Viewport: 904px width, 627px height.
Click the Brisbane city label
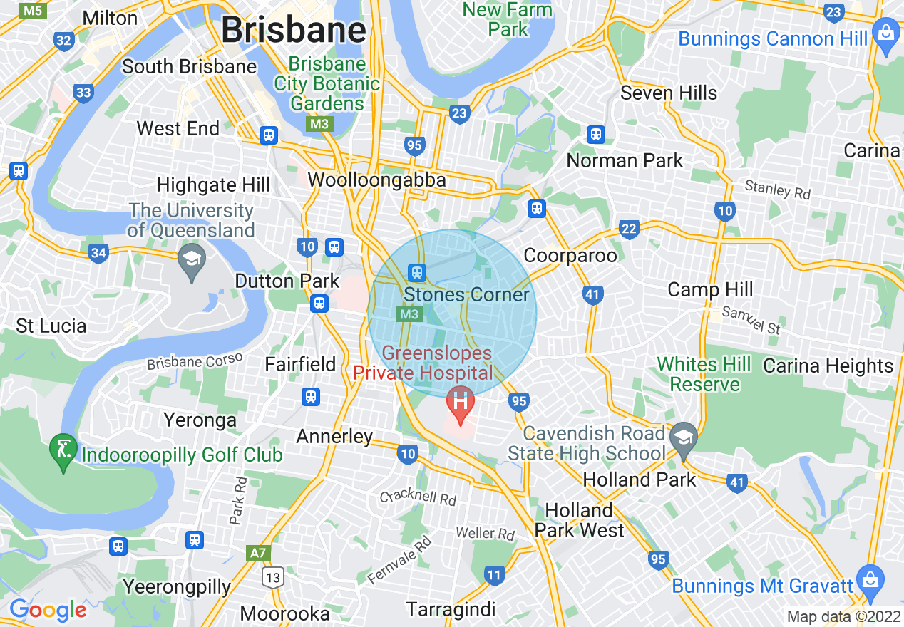(293, 31)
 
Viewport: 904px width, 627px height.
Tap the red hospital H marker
(461, 400)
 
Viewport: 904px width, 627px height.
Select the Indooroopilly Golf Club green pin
(63, 450)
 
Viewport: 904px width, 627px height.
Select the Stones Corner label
(466, 295)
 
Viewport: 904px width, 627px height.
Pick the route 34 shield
(98, 253)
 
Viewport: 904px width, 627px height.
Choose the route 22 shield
(629, 229)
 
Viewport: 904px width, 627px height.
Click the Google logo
(48, 610)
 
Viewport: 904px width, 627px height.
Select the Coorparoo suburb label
(570, 255)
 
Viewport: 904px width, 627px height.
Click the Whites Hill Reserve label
(704, 375)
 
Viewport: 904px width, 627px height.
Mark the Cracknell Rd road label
(418, 497)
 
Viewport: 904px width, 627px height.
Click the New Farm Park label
(508, 20)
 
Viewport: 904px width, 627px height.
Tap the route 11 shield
(494, 575)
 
